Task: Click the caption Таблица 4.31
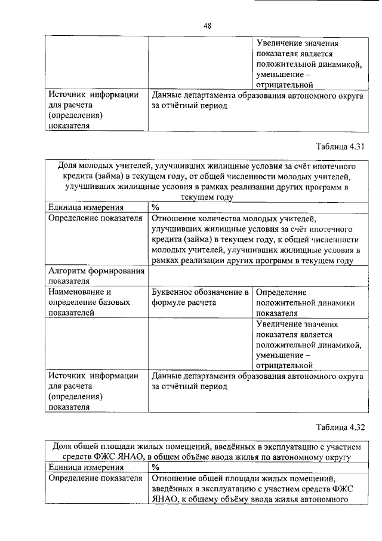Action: (340, 146)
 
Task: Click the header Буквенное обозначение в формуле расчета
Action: (200, 297)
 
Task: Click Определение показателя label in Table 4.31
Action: (95, 218)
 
